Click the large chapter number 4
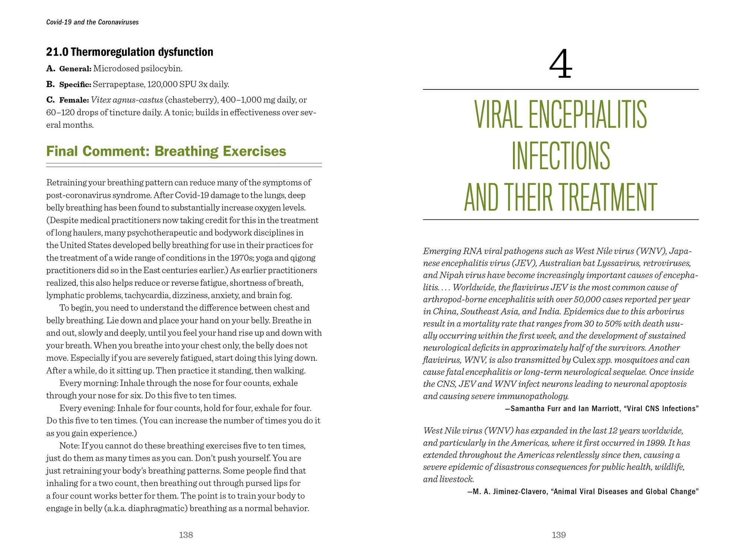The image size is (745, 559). pos(560,65)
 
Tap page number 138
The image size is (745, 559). pos(186,535)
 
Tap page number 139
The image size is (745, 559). pos(559,535)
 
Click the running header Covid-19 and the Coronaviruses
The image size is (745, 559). pos(92,22)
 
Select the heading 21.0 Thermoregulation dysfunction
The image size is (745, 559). pos(130,52)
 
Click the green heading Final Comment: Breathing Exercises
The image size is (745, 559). pos(166,151)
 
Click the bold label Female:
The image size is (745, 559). pos(74,100)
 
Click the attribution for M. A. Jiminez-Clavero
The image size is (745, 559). pos(583,492)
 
